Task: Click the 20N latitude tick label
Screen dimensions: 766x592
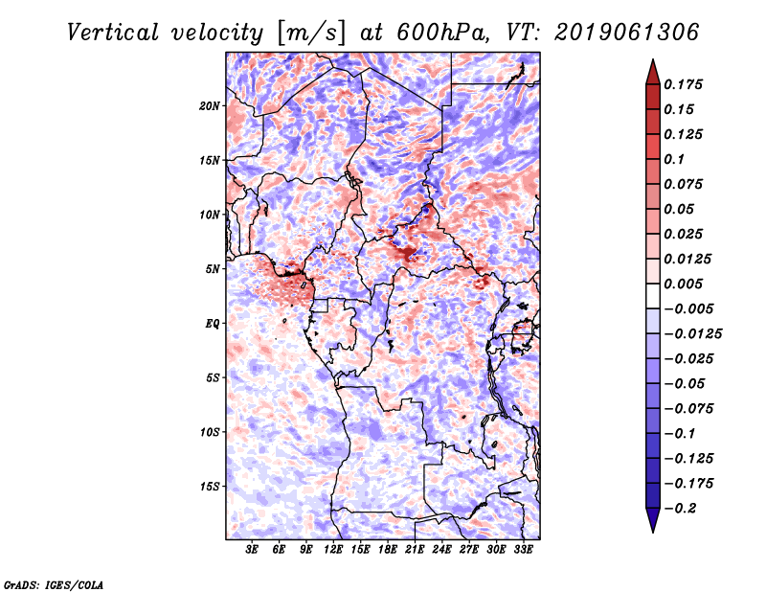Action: click(x=210, y=106)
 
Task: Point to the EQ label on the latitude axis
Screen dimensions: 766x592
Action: click(x=213, y=324)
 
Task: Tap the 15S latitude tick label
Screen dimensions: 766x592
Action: click(x=210, y=487)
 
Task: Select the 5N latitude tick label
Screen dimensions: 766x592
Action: click(x=213, y=269)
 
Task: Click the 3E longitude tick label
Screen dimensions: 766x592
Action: click(x=252, y=550)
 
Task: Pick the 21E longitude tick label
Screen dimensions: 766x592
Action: click(x=415, y=550)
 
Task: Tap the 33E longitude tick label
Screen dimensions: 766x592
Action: click(x=523, y=550)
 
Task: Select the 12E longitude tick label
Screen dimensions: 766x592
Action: click(x=333, y=550)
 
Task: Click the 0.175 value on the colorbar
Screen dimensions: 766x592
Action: click(x=683, y=84)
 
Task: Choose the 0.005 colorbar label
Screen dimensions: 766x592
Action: click(x=683, y=284)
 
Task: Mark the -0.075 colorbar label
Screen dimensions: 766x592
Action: click(x=688, y=409)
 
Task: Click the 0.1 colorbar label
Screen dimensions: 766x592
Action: click(x=674, y=159)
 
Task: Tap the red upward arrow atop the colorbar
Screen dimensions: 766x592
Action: click(x=653, y=72)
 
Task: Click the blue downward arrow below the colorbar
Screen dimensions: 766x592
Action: click(x=653, y=520)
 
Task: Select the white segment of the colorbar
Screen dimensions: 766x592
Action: click(x=653, y=296)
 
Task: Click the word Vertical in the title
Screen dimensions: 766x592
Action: click(x=113, y=33)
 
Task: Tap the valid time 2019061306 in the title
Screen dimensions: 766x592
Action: click(x=627, y=33)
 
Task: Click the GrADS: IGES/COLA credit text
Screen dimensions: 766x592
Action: click(x=54, y=584)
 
